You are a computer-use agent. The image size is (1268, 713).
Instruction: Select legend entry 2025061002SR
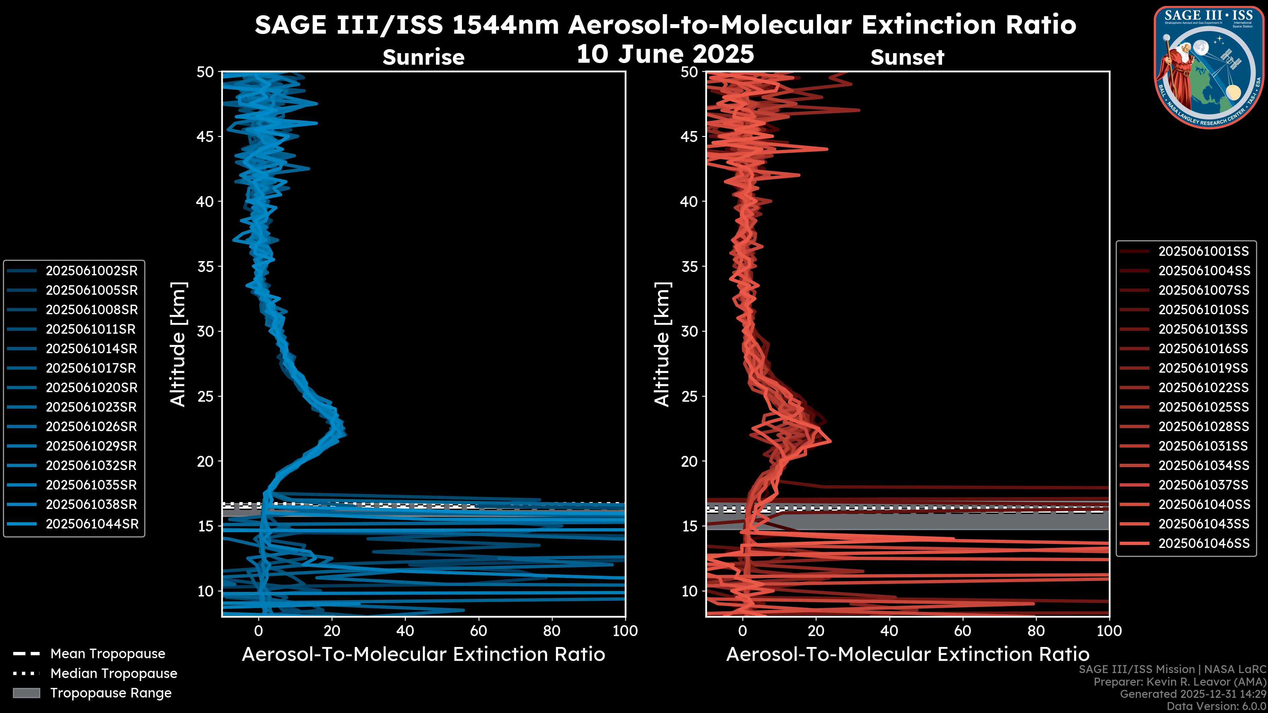(x=91, y=271)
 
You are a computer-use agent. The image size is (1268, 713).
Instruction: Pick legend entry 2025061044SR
(x=91, y=524)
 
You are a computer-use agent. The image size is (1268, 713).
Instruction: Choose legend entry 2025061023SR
(x=91, y=407)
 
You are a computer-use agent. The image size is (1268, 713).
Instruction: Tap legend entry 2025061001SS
(x=1204, y=252)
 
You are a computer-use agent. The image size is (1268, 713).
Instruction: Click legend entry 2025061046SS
(x=1204, y=543)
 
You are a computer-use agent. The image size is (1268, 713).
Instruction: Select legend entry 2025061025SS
(x=1204, y=407)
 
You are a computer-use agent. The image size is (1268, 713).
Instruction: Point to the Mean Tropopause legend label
(x=107, y=654)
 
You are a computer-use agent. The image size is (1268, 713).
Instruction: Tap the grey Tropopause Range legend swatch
(x=26, y=693)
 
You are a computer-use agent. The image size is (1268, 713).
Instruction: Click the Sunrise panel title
(x=423, y=57)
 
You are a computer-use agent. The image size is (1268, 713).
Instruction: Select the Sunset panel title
(x=907, y=57)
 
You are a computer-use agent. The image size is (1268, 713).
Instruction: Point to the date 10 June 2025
(x=665, y=53)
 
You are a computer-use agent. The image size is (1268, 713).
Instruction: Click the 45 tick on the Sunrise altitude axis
(x=206, y=136)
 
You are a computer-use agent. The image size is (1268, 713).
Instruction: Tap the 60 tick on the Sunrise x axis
(x=478, y=631)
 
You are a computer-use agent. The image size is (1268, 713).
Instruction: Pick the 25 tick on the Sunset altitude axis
(x=690, y=396)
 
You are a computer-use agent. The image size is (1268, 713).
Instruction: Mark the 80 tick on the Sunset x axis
(x=1036, y=631)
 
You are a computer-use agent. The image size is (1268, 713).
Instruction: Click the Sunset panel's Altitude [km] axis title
(x=662, y=344)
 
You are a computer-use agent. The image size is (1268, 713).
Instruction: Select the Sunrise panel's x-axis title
(x=423, y=655)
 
